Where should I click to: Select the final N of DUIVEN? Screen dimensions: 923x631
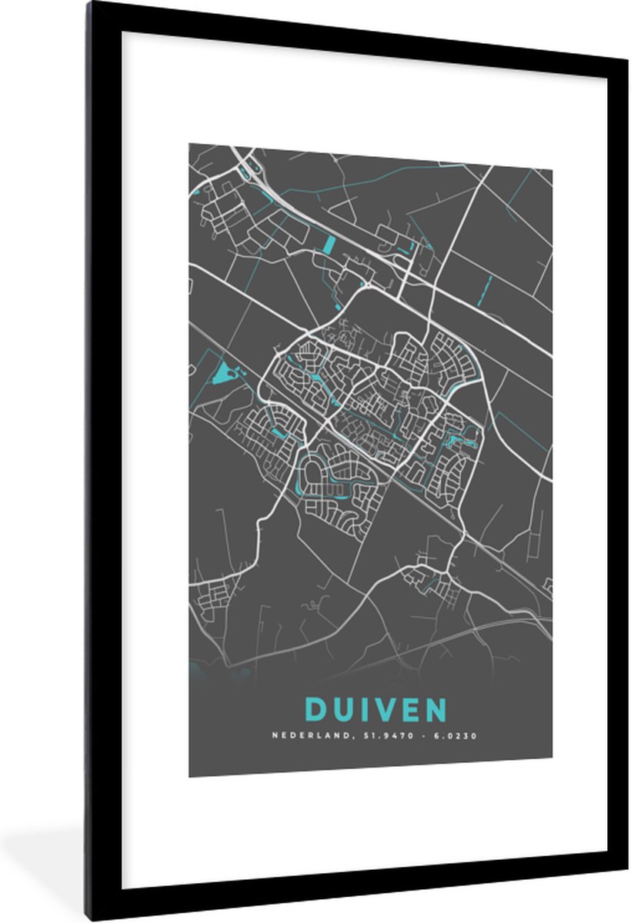pos(435,709)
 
